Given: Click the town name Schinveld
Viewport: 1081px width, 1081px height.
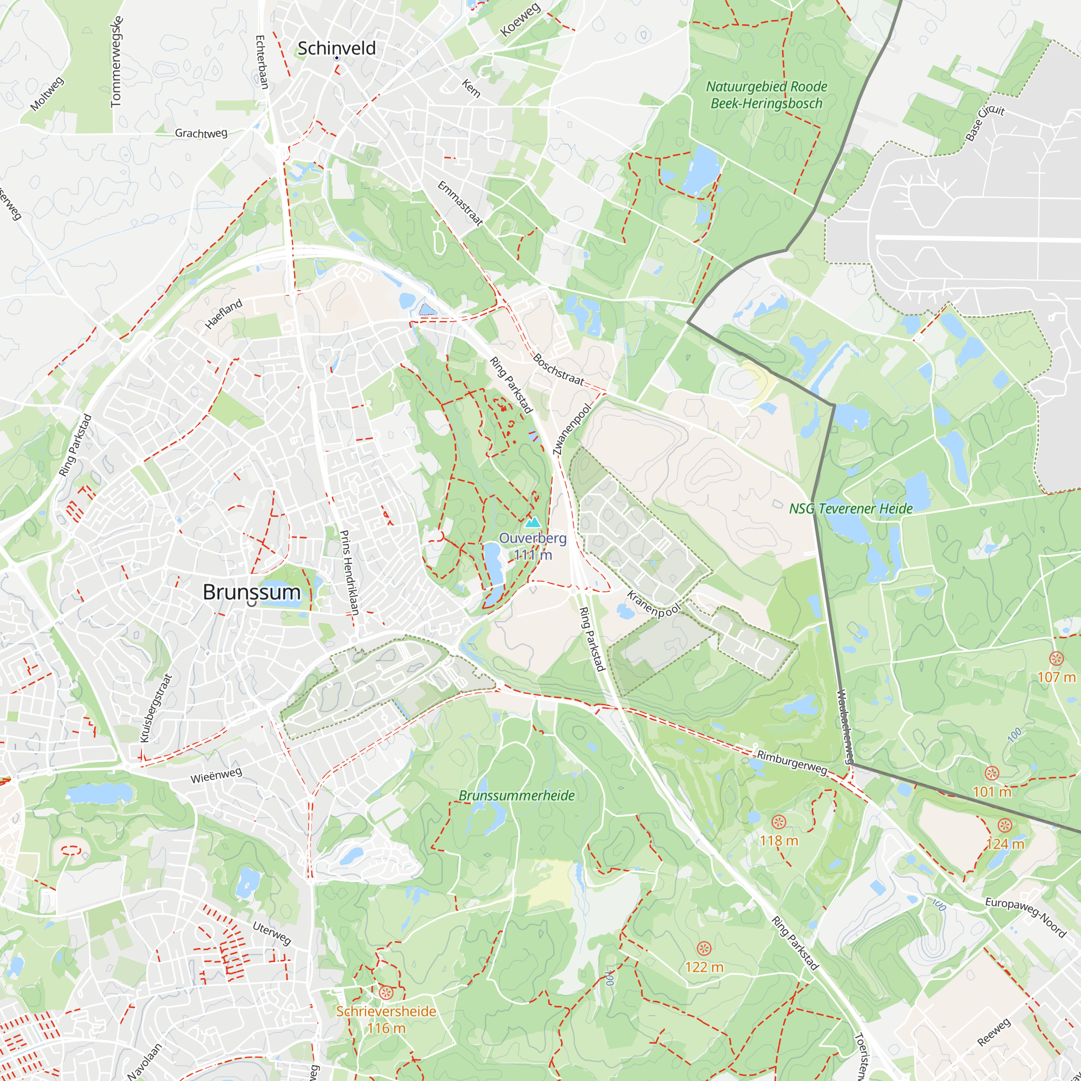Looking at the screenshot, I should (x=336, y=48).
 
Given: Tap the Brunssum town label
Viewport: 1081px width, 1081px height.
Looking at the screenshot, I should (x=251, y=592).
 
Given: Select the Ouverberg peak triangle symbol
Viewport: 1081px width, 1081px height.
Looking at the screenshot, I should (x=533, y=523).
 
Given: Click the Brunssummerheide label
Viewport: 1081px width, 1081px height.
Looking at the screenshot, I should (x=516, y=796).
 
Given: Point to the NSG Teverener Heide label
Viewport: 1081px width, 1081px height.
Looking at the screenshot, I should (x=850, y=509).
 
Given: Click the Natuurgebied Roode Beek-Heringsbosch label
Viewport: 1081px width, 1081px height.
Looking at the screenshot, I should (x=766, y=95).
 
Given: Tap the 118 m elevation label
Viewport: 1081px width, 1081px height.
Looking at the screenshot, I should (x=778, y=841).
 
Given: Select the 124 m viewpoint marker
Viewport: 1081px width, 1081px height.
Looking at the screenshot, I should (x=1005, y=825).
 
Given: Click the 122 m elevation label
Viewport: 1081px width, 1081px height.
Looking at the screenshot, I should (x=704, y=967).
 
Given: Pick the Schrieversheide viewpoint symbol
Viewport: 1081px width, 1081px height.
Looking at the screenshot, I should (x=385, y=992).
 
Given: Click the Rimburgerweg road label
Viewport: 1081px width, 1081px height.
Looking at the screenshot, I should (x=792, y=763).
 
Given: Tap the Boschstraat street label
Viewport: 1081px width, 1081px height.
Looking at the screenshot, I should (x=558, y=369).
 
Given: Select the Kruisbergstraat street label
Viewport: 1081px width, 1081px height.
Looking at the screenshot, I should (x=156, y=708).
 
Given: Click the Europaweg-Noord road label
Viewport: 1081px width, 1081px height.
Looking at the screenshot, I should (x=1026, y=918).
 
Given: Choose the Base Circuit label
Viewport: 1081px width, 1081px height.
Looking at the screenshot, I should (x=985, y=123).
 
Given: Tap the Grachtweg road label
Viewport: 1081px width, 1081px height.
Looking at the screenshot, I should (x=201, y=133).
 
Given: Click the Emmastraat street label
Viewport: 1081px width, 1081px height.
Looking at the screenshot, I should (x=460, y=203).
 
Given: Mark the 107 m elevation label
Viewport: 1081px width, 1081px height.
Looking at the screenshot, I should (x=1056, y=677).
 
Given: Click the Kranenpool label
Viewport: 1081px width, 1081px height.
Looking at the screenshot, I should (x=653, y=604).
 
